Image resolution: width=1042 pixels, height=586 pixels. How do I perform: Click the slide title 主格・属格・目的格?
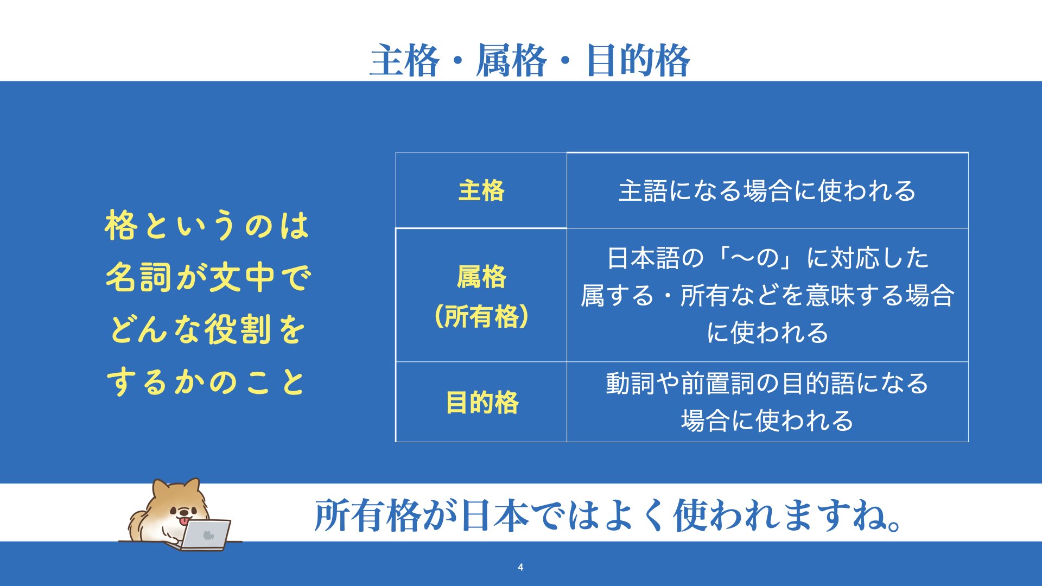coord(530,60)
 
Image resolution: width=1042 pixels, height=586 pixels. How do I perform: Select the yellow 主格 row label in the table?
coord(481,190)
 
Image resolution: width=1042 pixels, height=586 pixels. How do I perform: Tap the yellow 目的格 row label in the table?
coord(482,403)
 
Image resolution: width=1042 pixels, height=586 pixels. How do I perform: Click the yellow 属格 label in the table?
coord(481,277)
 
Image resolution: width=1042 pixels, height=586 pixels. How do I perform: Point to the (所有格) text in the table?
coord(481,316)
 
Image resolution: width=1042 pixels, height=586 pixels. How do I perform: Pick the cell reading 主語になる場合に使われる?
coord(767,191)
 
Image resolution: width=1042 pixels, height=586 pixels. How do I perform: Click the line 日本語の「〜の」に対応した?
coord(767,258)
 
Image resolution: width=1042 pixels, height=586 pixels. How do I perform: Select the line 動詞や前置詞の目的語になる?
coord(767,383)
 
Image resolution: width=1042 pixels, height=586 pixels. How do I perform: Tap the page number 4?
coord(520,568)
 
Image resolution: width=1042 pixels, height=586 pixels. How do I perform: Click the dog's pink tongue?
coord(186,521)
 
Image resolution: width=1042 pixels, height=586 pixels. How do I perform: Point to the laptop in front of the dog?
coord(206,535)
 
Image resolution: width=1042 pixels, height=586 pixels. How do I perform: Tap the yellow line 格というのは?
coord(207,225)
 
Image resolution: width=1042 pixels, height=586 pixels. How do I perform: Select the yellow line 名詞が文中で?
coord(208,277)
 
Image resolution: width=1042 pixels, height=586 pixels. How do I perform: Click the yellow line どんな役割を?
coord(207,329)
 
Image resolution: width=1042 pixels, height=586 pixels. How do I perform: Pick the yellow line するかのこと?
coord(206,381)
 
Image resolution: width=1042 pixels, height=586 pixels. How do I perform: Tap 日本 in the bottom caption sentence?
coord(494,515)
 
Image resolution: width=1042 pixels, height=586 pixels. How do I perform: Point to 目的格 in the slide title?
coord(638,60)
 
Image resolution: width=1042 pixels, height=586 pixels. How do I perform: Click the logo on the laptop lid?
coord(208,536)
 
